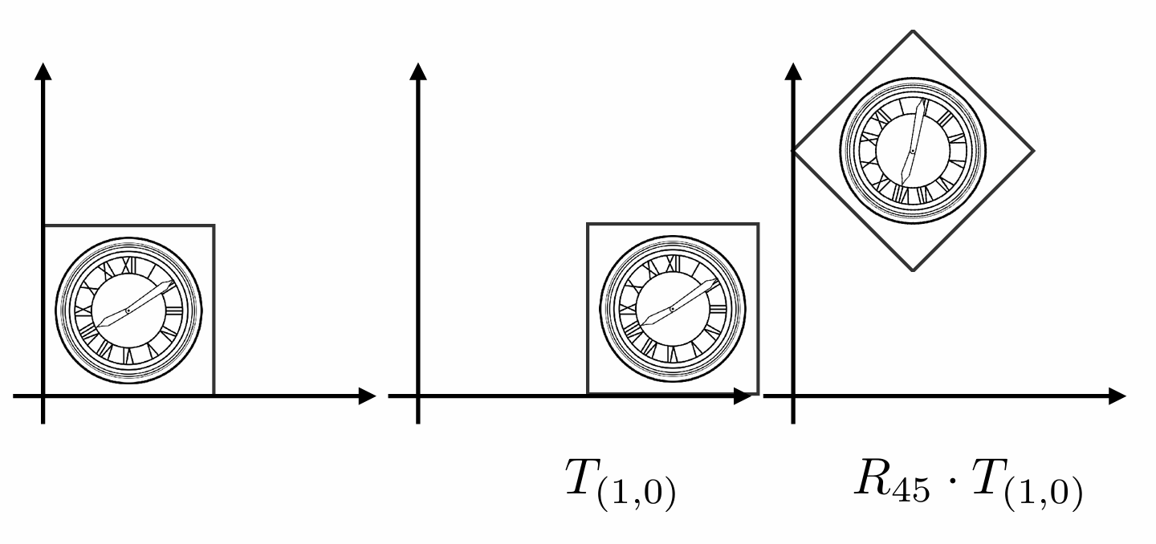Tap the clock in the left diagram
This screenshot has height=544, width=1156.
(128, 311)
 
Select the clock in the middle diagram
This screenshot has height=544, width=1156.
(672, 310)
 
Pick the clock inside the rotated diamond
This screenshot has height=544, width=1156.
(913, 150)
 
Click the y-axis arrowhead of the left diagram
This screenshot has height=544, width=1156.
(43, 71)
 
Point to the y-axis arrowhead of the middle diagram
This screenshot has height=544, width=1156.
(418, 71)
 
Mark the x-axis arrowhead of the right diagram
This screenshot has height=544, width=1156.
(1117, 396)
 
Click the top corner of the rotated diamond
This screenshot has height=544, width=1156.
(913, 30)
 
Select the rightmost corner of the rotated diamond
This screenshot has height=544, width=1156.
(1033, 150)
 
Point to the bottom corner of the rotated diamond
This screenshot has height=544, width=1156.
(914, 270)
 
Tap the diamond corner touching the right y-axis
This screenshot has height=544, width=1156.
(794, 150)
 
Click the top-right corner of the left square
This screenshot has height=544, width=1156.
(214, 225)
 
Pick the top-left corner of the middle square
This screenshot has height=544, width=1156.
(588, 224)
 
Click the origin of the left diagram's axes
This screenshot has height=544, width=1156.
(43, 396)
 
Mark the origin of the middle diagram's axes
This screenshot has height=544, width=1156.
(418, 396)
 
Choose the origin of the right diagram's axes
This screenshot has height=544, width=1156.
(793, 396)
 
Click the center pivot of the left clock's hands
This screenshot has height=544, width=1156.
(128, 311)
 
